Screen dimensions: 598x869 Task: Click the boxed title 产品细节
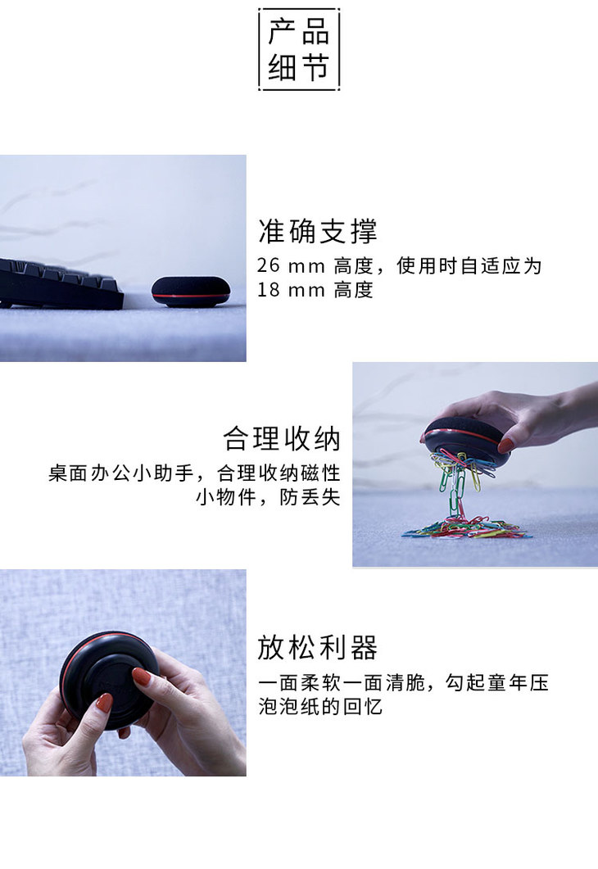[299, 49]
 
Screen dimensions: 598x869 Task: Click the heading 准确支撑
[318, 231]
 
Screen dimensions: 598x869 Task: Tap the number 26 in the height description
[268, 265]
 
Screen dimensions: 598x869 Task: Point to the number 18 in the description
[268, 290]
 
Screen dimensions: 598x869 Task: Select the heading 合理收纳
[282, 439]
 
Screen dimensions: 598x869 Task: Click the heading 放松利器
[318, 647]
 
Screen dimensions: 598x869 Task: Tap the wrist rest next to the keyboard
[191, 292]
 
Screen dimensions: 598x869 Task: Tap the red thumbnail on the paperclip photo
[505, 445]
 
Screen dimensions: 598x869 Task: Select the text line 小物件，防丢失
[268, 497]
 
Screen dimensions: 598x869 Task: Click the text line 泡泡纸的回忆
[320, 707]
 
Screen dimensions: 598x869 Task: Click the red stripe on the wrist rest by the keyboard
[191, 296]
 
